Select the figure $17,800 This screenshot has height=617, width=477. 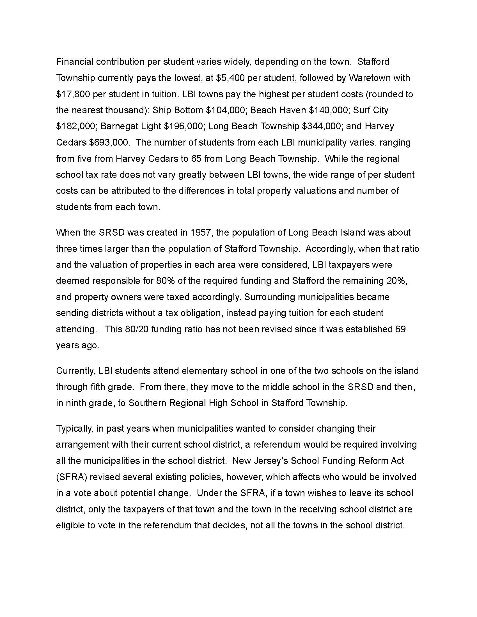[73, 94]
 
